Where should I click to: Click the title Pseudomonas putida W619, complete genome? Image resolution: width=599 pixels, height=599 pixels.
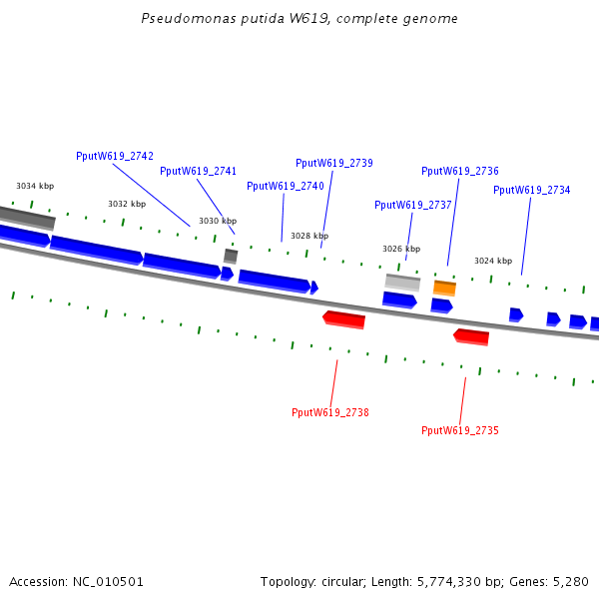pyautogui.click(x=299, y=19)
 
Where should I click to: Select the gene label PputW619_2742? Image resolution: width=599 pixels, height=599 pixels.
pyautogui.click(x=115, y=156)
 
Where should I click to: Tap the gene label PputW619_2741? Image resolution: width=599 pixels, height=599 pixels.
pyautogui.click(x=198, y=172)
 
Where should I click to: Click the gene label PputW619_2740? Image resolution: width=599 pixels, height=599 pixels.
pyautogui.click(x=286, y=186)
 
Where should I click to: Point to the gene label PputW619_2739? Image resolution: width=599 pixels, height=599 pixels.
pyautogui.click(x=334, y=163)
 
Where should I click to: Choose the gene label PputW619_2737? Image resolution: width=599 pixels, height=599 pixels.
pyautogui.click(x=413, y=205)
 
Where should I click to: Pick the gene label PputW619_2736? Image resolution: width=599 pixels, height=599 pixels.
pyautogui.click(x=460, y=171)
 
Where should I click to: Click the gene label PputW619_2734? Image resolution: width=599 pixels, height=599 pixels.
pyautogui.click(x=532, y=190)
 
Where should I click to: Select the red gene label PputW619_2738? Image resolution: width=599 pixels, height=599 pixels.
pyautogui.click(x=330, y=412)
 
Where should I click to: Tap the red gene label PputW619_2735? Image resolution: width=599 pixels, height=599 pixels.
pyautogui.click(x=460, y=430)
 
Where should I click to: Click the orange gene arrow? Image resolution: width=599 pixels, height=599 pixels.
pyautogui.click(x=444, y=289)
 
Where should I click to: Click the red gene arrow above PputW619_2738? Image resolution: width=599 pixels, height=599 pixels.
pyautogui.click(x=344, y=319)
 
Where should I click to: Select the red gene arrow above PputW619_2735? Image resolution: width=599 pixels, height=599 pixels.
pyautogui.click(x=471, y=336)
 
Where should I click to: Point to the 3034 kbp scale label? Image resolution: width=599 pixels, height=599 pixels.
pyautogui.click(x=35, y=186)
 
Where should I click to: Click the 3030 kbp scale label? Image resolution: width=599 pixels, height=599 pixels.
pyautogui.click(x=218, y=221)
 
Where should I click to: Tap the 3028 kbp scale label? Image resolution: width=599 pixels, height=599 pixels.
pyautogui.click(x=309, y=236)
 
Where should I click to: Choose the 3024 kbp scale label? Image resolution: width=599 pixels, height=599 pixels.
pyautogui.click(x=493, y=261)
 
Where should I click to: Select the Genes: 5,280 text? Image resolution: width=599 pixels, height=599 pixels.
pyautogui.click(x=553, y=581)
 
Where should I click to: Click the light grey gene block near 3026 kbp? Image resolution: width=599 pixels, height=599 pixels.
pyautogui.click(x=402, y=283)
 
